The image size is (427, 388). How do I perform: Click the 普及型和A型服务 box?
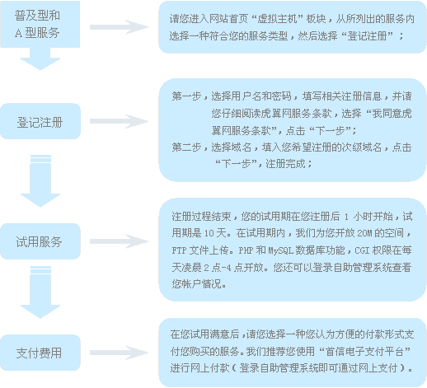40,24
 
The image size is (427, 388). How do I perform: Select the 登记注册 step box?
40,121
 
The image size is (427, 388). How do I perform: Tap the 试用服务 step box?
40,241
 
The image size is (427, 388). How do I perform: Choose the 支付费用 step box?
40,353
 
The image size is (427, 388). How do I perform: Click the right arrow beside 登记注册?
119,121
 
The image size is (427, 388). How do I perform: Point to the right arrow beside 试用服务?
119,241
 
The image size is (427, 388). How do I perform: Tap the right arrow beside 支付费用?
119,353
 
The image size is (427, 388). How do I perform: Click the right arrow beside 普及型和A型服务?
119,27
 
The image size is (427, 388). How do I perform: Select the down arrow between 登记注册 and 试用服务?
40,181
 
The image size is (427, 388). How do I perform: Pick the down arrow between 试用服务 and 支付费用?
40,292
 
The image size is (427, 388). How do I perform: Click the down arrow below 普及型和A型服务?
40,58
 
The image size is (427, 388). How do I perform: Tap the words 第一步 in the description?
187,96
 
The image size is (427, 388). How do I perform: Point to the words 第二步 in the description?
187,147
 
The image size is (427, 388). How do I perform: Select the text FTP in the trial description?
179,250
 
